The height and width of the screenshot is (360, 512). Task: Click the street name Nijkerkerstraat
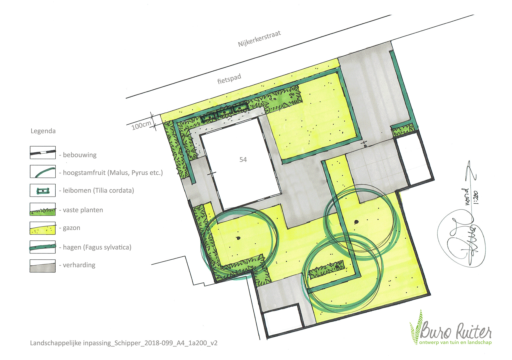tap(259, 39)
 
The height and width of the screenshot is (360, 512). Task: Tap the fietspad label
tap(229, 79)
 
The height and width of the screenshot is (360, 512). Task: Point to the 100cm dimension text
tap(141, 125)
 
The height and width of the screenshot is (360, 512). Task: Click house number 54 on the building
tap(243, 160)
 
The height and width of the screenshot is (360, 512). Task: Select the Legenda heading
tap(43, 131)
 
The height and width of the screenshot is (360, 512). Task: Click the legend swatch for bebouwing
tap(43, 152)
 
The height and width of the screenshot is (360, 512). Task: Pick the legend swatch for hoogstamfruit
tap(43, 171)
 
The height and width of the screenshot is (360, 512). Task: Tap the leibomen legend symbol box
tap(43, 190)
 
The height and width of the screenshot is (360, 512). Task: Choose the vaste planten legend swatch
tap(43, 209)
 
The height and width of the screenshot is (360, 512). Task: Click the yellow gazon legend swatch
tap(43, 228)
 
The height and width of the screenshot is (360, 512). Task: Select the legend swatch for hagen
tap(43, 247)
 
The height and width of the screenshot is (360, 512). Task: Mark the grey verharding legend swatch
tap(43, 266)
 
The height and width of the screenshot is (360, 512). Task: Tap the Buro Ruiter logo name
tap(456, 331)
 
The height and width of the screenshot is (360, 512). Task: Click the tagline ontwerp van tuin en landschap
tap(455, 343)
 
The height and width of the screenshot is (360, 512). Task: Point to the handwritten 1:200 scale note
tap(476, 197)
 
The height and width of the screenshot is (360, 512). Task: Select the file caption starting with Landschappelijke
tap(124, 343)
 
